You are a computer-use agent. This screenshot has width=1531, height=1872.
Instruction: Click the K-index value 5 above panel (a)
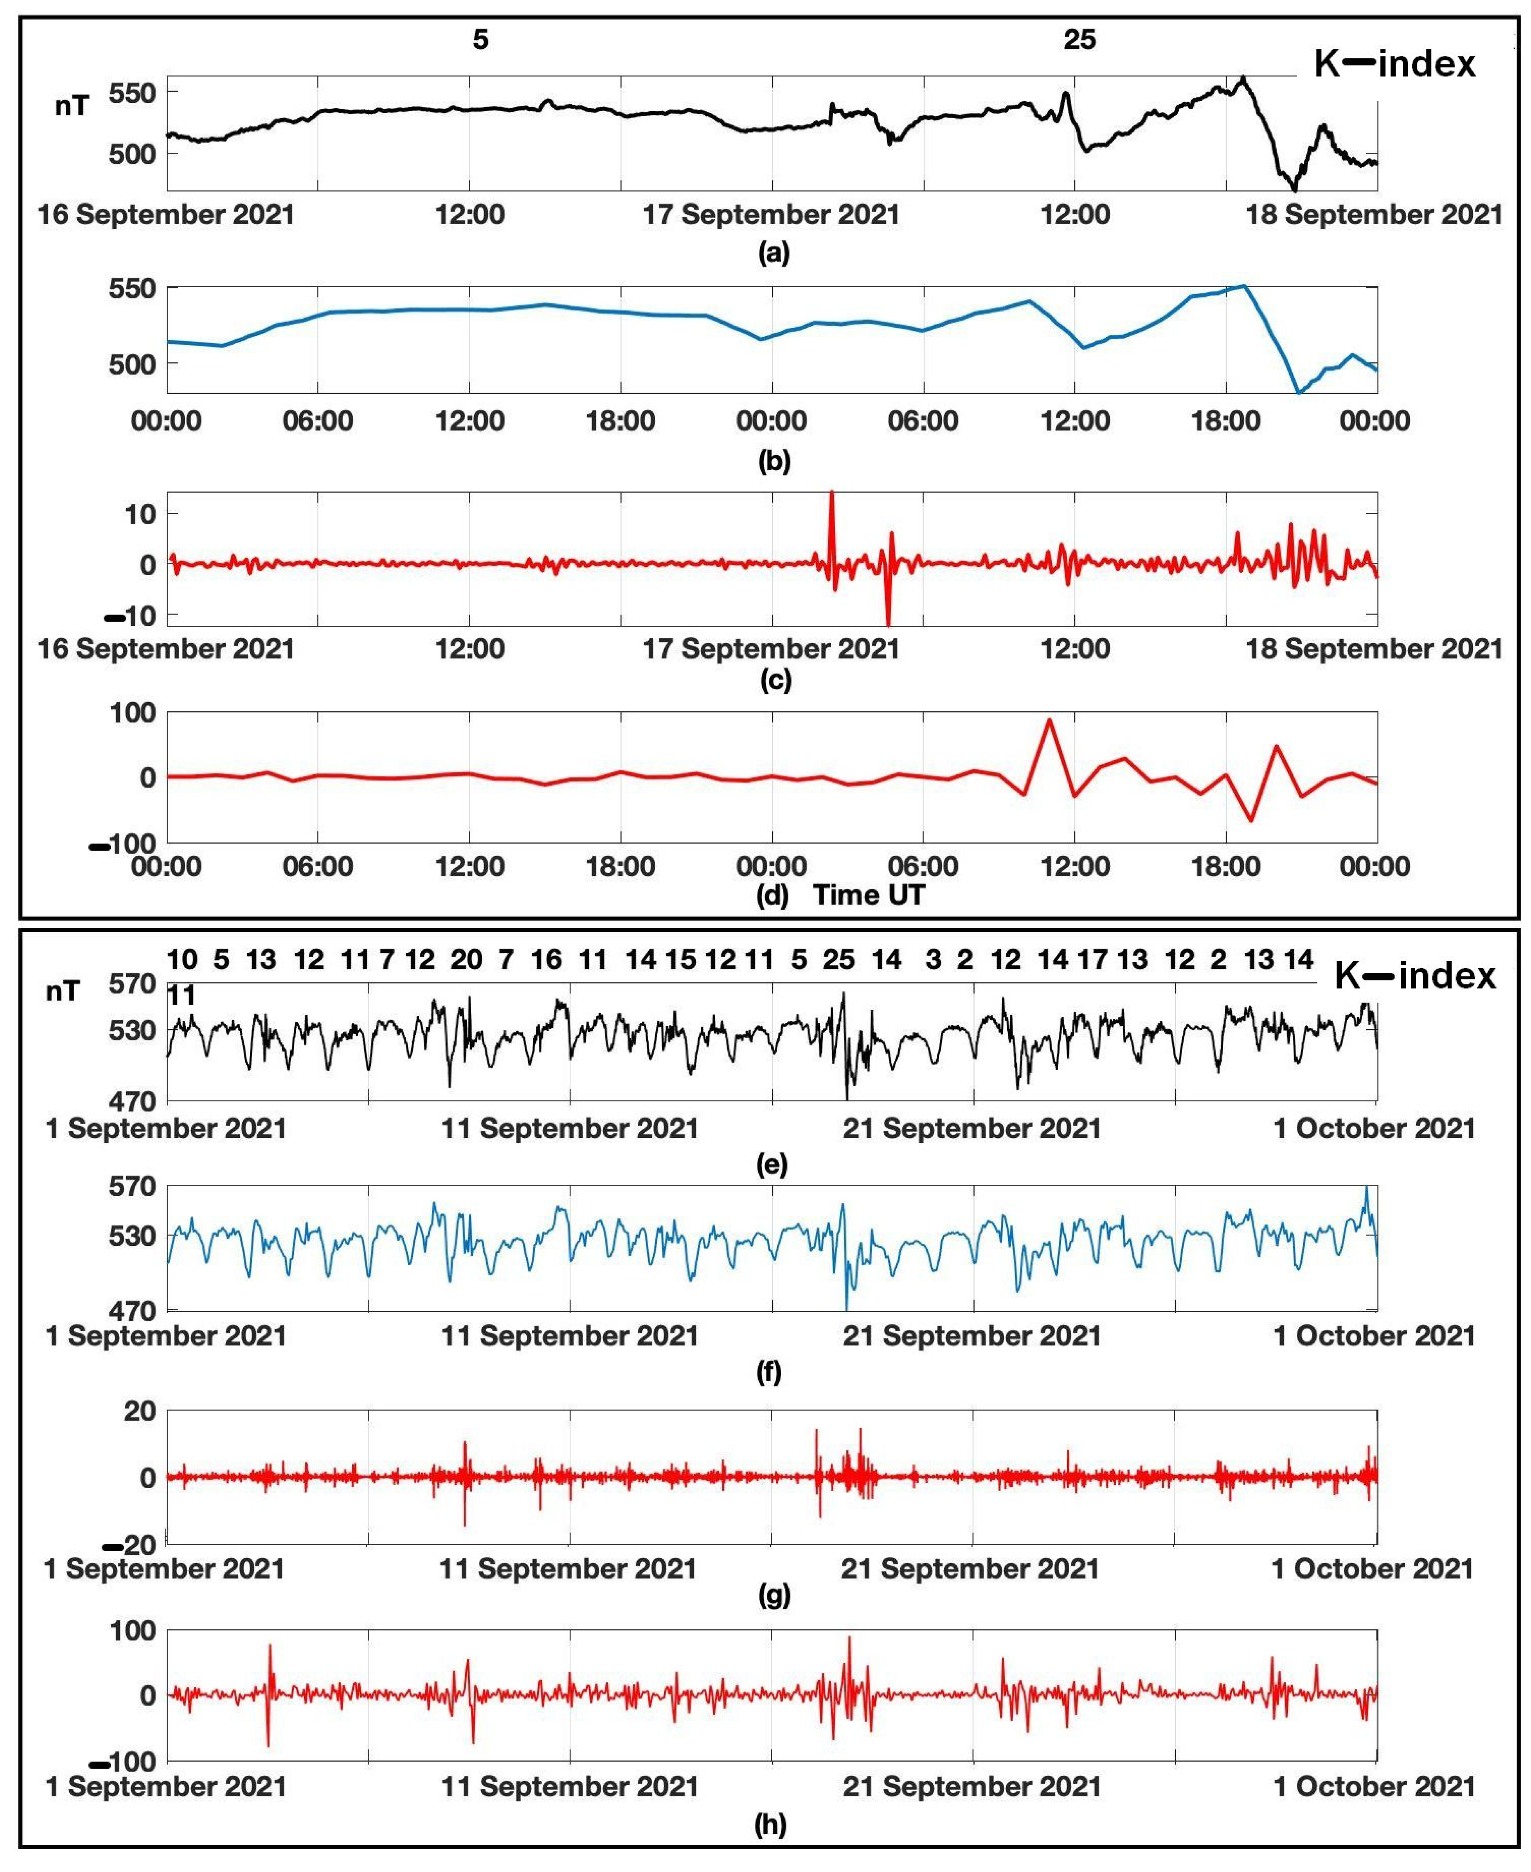480,40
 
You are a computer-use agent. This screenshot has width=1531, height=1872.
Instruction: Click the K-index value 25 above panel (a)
1080,40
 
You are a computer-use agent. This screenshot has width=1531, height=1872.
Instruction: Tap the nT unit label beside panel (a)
71,106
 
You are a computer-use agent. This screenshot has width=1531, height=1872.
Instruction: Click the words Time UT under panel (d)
869,896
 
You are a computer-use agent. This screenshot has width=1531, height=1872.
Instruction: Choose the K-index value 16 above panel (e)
546,960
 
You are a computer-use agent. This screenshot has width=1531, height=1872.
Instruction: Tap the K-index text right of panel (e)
1416,976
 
